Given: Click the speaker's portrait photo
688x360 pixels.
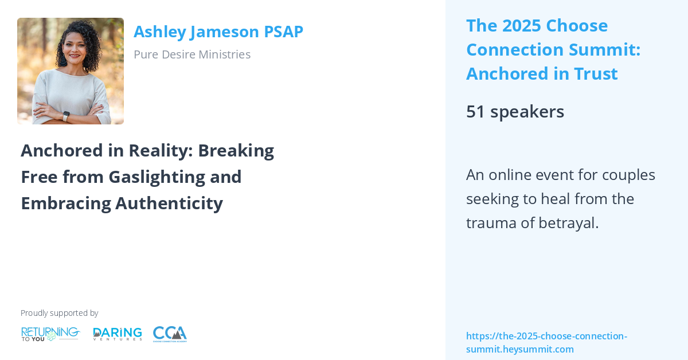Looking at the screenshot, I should coord(70,71).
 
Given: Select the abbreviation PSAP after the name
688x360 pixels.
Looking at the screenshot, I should coord(283,32).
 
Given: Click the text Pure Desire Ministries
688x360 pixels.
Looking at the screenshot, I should coord(191,54).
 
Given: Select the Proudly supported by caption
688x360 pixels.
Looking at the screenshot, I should coord(59,313).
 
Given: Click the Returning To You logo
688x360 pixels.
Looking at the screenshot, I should coord(50,334).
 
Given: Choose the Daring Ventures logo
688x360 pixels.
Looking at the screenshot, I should coord(118,334).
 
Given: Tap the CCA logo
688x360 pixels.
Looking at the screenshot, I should coord(170,334).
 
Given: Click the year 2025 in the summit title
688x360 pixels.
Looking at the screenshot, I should coord(519,26).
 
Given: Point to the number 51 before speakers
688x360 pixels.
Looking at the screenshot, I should coord(475,111).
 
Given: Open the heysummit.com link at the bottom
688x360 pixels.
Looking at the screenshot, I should coord(546,342).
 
